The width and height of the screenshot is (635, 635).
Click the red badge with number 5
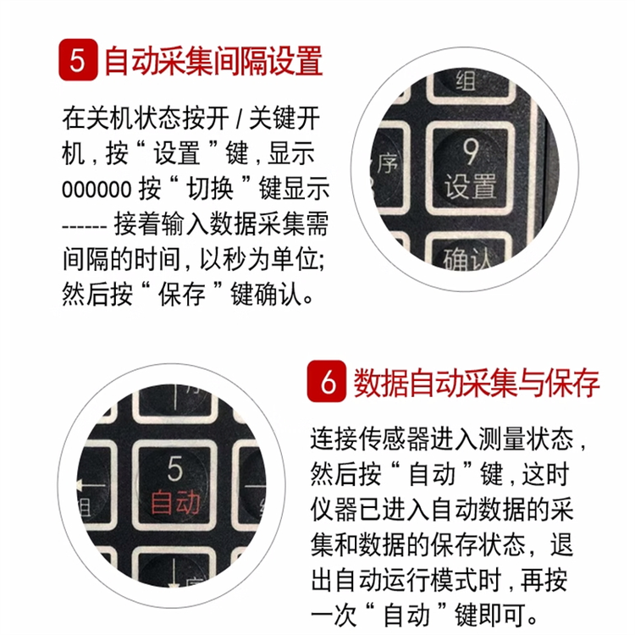coord(78,60)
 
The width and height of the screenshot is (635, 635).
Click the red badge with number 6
coord(327,381)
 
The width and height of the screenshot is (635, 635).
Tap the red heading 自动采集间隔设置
coord(213,61)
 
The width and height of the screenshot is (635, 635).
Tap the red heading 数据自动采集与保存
coord(476,383)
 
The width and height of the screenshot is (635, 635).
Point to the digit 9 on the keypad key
coord(470,152)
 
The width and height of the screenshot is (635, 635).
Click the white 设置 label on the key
coord(470,186)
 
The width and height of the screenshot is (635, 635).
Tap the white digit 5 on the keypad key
coord(175,468)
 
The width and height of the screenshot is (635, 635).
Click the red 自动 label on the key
coord(175,502)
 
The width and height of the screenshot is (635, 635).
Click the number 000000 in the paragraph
coord(97,189)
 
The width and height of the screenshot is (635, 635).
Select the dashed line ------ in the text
coord(84,226)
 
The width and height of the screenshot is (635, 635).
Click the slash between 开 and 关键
coord(239,119)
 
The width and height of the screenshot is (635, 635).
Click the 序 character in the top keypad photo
coord(387,164)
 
